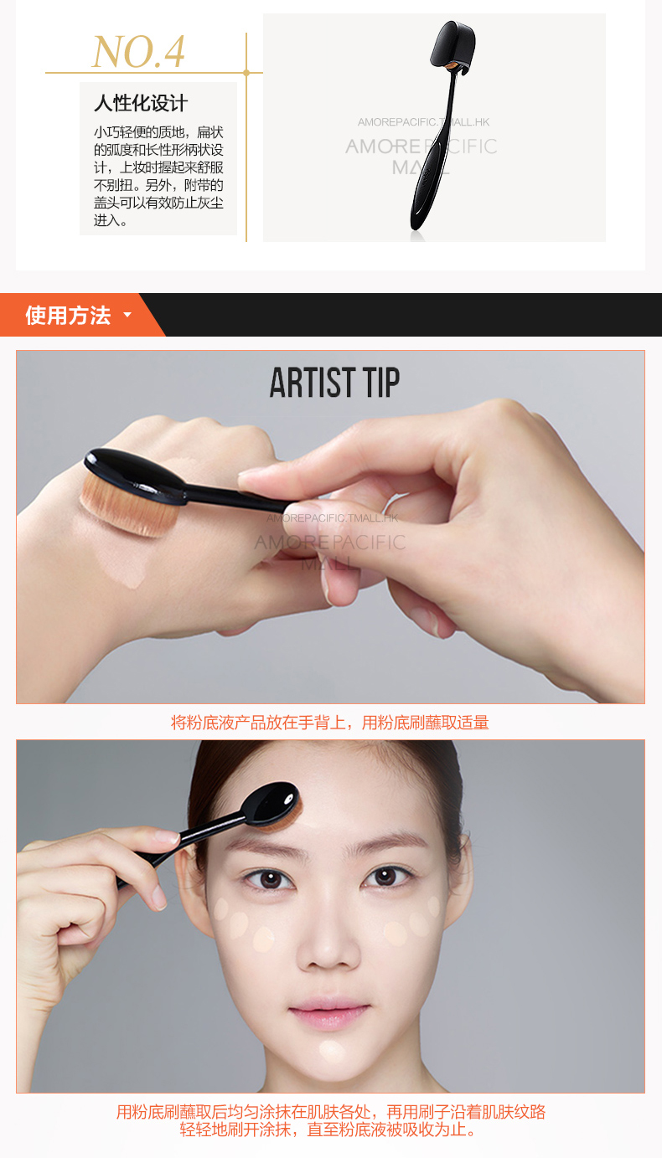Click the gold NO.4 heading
pos(138,52)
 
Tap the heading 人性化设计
pos(141,103)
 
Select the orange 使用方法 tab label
pos(68,315)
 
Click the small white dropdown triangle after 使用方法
pos(127,314)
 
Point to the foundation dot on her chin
pos(332,1049)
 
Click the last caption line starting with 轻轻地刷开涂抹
pos(329,1130)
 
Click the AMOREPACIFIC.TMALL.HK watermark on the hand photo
pos(332,518)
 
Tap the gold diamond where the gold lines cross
pos(246,73)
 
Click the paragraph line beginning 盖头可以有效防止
pos(158,203)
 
